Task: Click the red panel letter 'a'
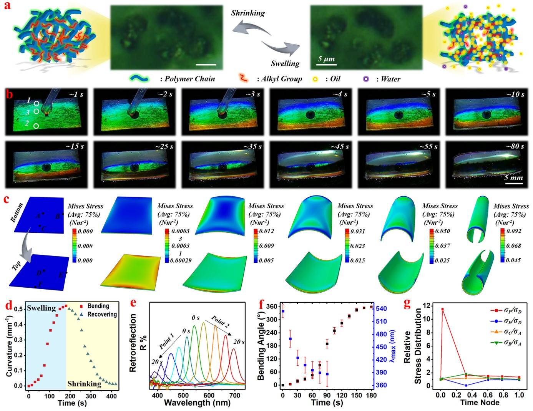pos(7,7)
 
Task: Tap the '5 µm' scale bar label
pos(326,59)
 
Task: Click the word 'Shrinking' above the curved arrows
pos(248,13)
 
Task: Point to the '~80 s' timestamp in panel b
pos(512,147)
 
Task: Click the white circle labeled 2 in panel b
pos(36,126)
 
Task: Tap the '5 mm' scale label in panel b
pos(513,178)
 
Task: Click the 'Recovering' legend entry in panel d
pos(102,314)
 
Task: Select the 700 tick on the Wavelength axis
pos(235,395)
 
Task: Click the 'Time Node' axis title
pos(480,403)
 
